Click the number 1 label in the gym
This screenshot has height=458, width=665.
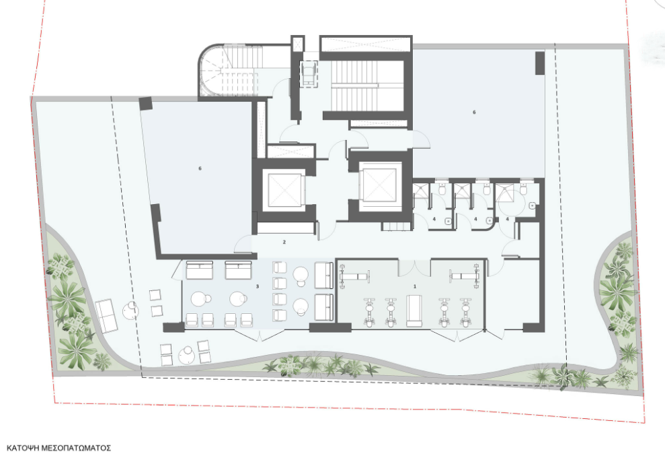tap(414, 286)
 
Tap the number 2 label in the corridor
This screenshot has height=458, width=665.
tap(284, 242)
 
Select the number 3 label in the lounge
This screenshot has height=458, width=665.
tap(258, 286)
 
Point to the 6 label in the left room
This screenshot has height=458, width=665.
tap(200, 168)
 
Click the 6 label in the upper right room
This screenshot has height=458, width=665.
tap(474, 112)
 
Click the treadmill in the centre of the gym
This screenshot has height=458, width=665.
tap(414, 311)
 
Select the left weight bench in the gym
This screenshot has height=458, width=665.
tap(354, 276)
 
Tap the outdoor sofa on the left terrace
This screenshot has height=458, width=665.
tap(106, 316)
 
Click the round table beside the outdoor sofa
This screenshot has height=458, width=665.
tap(131, 311)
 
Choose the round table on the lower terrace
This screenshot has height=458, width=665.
tap(187, 355)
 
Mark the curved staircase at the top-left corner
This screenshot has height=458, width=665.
tap(229, 71)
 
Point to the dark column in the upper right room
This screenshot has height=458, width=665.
tap(539, 63)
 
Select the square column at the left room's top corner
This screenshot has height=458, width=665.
tap(145, 104)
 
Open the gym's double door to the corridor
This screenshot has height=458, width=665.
tap(415, 267)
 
